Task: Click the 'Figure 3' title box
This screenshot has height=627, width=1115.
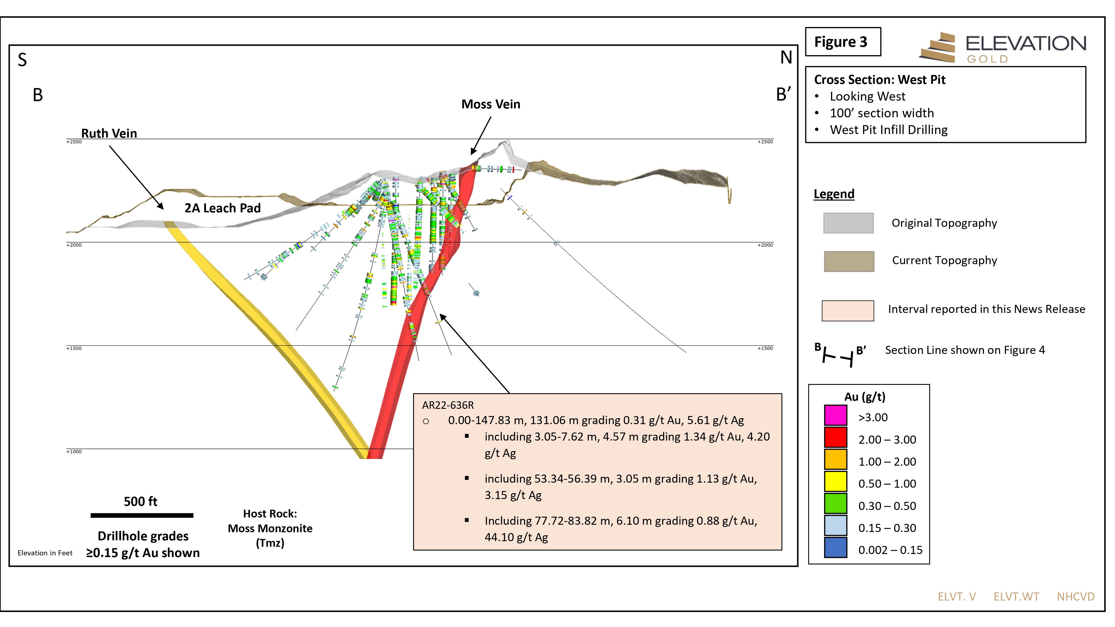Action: (x=843, y=42)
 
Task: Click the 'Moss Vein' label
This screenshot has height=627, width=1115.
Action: (x=491, y=104)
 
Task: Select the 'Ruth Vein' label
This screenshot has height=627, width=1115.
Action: (x=109, y=133)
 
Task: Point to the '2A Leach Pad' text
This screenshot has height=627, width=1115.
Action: (x=222, y=208)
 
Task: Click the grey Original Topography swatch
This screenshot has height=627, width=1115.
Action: (x=848, y=223)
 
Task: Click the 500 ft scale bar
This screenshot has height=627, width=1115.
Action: (x=142, y=515)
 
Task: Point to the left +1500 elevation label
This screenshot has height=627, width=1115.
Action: (x=74, y=348)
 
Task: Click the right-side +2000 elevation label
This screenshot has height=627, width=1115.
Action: (x=765, y=245)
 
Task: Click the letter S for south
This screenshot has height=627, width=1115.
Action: (x=22, y=60)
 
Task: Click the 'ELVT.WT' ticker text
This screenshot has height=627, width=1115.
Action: (x=1016, y=597)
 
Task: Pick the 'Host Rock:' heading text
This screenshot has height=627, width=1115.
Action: (x=270, y=514)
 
